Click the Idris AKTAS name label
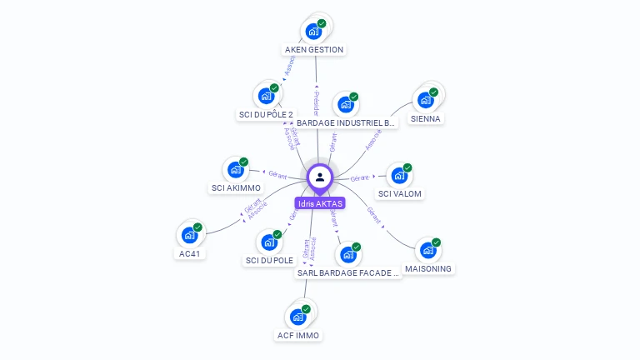tap(319, 203)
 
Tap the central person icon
tap(320, 177)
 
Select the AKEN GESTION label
tap(313, 49)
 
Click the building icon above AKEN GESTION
tap(313, 32)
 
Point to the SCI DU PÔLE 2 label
tap(266, 114)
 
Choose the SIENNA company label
tap(426, 118)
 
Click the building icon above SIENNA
tap(426, 100)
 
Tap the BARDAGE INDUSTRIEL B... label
tap(346, 122)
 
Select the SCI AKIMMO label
tap(236, 187)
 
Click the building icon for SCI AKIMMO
tap(236, 170)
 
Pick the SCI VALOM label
tap(400, 193)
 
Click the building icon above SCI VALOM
tap(400, 176)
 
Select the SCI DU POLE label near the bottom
tap(269, 260)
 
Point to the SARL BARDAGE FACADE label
tap(348, 272)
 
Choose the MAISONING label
tap(427, 268)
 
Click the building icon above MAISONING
tap(427, 250)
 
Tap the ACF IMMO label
tap(297, 335)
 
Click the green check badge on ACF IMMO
tap(306, 309)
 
